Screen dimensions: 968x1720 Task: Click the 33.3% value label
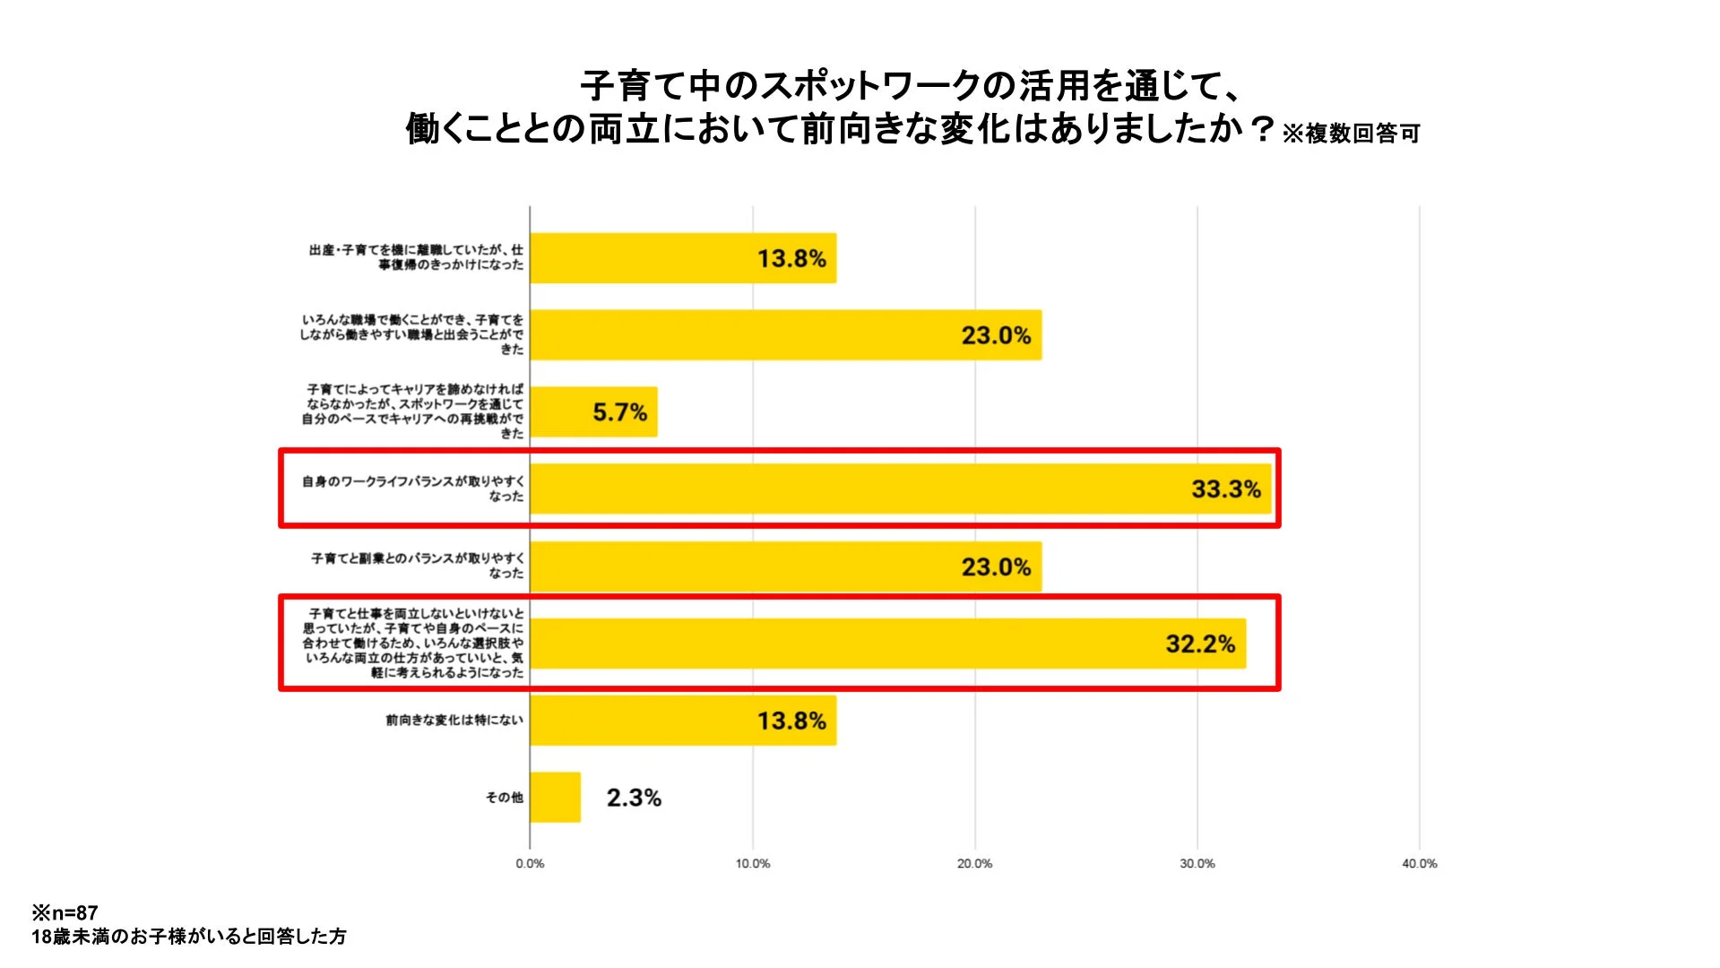[1225, 489]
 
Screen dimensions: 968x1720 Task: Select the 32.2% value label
[1199, 644]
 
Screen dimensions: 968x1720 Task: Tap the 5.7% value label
[619, 412]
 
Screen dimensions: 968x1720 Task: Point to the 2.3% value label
[634, 798]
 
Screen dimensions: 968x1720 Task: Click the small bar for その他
[555, 797]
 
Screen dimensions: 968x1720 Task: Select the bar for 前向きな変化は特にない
[682, 721]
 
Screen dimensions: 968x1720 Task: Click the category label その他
[504, 797]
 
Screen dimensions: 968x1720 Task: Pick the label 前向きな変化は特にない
[454, 720]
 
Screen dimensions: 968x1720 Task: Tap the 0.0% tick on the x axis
[530, 864]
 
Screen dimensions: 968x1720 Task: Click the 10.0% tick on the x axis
[752, 864]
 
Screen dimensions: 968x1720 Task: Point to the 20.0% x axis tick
[974, 864]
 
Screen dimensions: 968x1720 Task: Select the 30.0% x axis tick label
[1197, 864]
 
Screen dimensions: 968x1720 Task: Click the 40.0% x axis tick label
[1419, 864]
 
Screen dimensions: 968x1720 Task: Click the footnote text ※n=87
[65, 913]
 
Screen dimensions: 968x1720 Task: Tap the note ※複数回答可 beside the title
[1351, 134]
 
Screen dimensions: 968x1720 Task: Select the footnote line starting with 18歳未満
[189, 937]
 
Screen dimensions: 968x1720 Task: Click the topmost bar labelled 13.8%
[682, 258]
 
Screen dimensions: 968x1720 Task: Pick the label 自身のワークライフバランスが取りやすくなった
[412, 488]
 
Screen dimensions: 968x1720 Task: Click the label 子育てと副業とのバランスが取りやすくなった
[417, 566]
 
